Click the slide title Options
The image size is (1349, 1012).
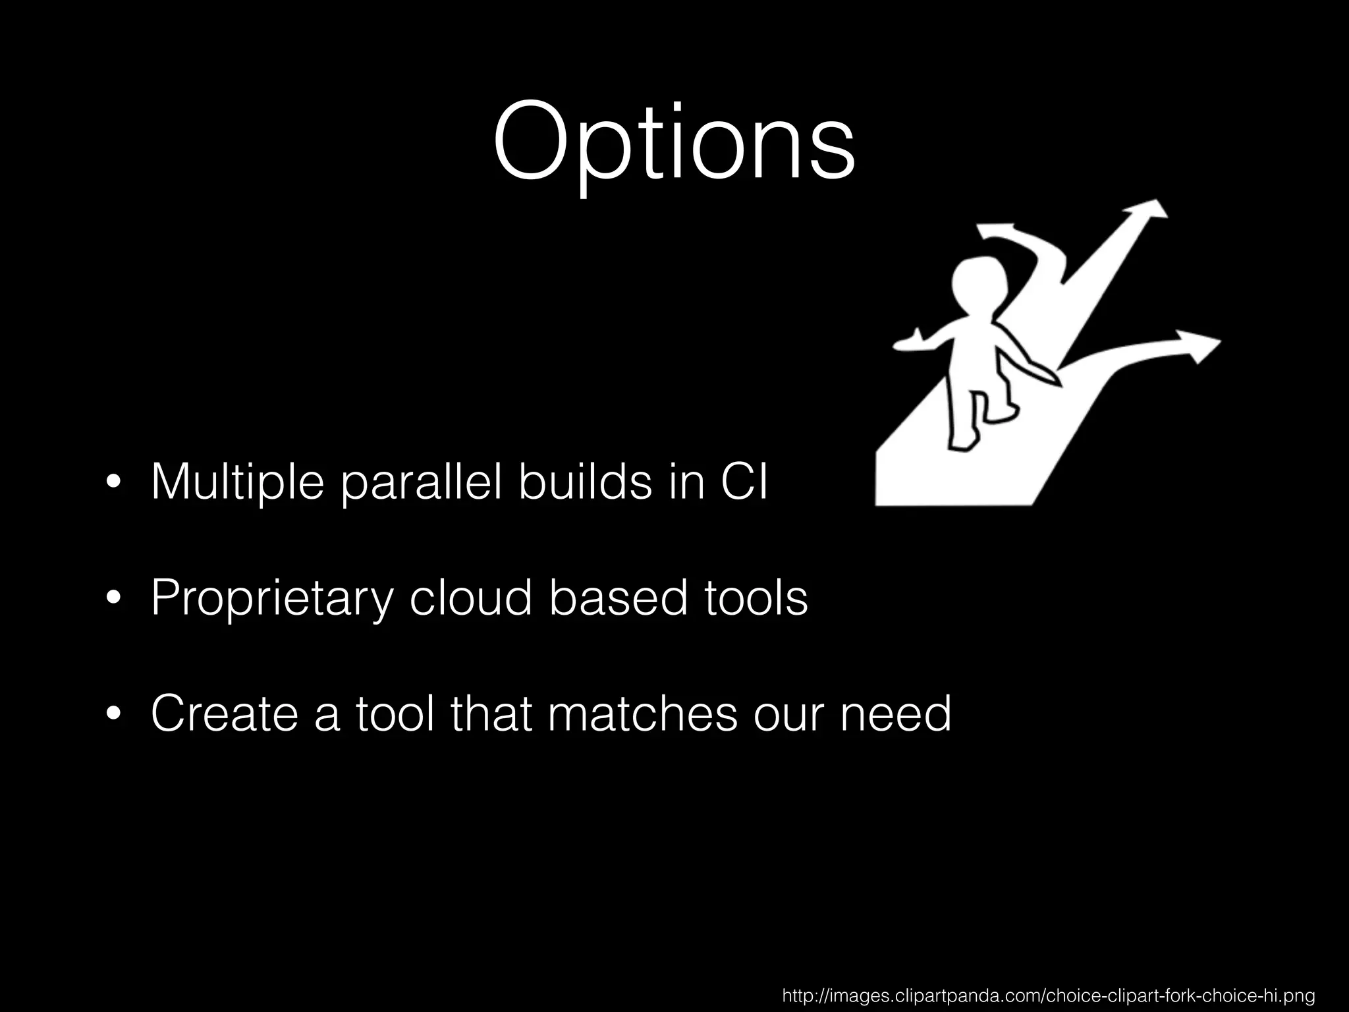tap(673, 144)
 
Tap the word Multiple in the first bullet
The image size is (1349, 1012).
tap(237, 482)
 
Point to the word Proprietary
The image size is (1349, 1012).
tap(272, 598)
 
